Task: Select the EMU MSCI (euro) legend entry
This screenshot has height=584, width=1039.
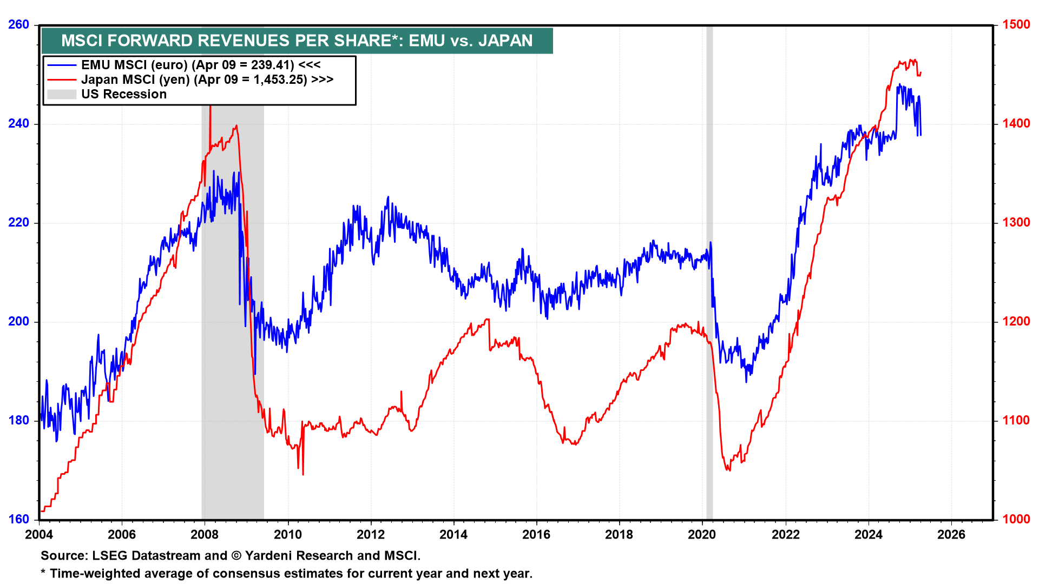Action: [187, 65]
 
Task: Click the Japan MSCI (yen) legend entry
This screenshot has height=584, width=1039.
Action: [194, 79]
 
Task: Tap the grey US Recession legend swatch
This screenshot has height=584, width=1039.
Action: [61, 94]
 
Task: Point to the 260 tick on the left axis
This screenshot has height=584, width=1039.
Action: [18, 25]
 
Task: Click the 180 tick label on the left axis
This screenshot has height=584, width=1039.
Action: [18, 421]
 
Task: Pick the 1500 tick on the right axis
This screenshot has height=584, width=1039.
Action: [1016, 25]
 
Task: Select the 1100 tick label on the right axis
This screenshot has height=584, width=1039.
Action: [1016, 421]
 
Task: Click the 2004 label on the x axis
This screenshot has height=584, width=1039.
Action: [39, 535]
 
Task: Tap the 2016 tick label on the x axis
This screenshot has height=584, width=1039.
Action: [536, 535]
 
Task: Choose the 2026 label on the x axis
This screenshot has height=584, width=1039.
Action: [951, 535]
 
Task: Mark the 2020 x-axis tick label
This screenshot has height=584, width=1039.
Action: [702, 535]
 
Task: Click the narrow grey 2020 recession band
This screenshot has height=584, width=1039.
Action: [709, 270]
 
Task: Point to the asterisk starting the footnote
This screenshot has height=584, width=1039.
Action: [43, 573]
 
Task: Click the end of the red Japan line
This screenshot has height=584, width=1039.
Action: [921, 73]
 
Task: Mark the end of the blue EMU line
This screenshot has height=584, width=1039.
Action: [920, 135]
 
